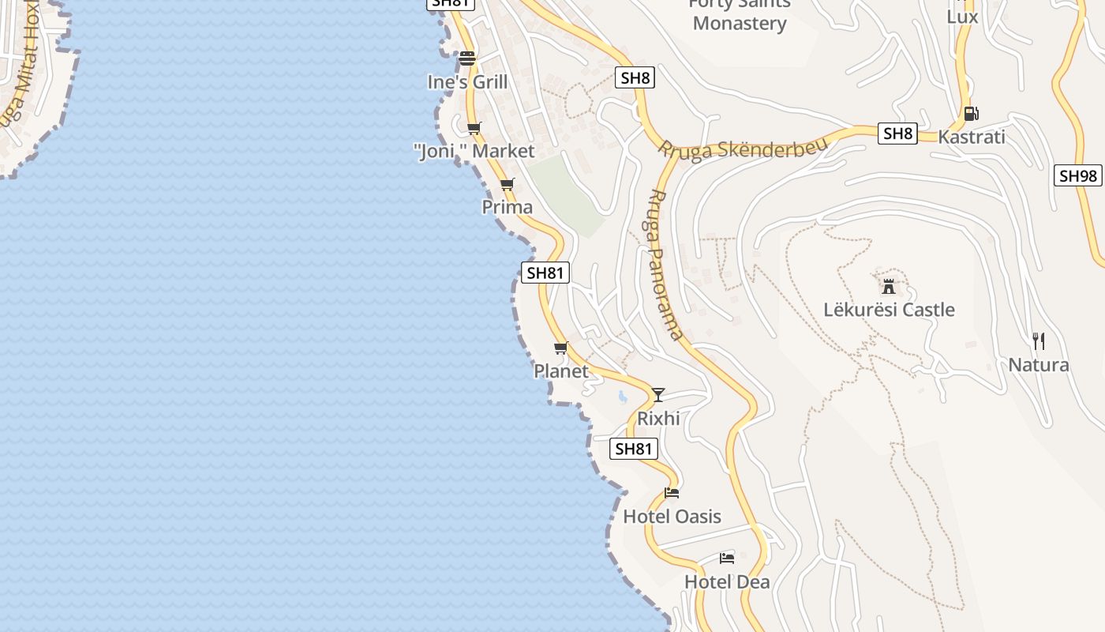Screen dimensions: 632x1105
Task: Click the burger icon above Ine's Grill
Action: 467,58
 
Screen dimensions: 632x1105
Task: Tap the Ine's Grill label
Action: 467,81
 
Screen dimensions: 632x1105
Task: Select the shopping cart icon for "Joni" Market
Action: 474,128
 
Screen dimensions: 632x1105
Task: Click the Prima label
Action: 508,207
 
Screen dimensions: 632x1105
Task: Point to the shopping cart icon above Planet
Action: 561,348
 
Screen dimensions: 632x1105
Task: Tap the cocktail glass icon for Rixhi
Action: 658,394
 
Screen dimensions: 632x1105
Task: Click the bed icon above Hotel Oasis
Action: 672,493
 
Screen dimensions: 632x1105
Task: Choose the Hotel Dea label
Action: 727,581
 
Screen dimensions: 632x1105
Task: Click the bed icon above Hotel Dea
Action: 727,559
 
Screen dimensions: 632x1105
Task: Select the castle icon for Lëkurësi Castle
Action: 889,285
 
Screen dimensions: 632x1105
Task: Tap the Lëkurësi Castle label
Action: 889,310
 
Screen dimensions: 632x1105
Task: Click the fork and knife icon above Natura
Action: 1039,341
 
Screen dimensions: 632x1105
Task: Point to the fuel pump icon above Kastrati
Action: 971,114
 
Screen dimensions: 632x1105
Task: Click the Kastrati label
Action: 971,137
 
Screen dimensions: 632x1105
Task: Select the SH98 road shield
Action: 1077,175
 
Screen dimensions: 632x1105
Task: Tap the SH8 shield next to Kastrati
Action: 898,134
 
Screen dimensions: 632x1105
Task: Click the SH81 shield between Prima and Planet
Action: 545,273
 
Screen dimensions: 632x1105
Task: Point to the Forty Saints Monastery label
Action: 740,13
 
